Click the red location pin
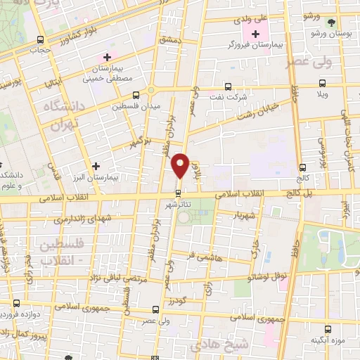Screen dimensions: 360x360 point(180,165)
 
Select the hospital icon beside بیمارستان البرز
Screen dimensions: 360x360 point(96,166)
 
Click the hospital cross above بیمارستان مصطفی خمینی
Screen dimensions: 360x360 point(107,56)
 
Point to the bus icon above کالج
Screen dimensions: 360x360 point(303,167)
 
